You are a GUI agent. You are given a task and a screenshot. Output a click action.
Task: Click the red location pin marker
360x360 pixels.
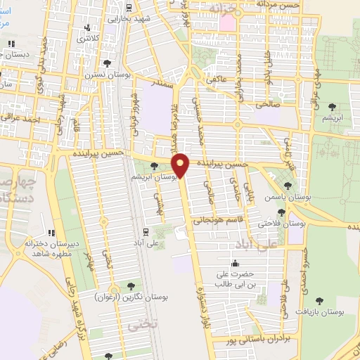click(x=181, y=165)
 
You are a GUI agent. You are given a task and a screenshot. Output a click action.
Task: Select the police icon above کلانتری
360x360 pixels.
click(x=87, y=29)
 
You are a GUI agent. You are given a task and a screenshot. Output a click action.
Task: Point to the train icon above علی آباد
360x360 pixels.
click(x=146, y=231)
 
